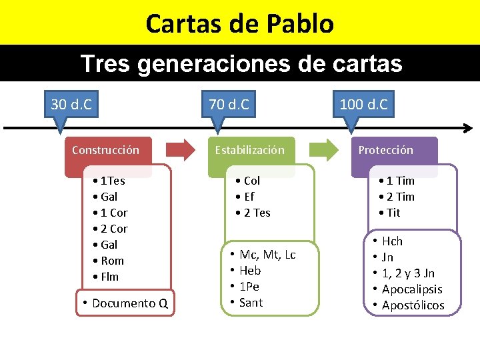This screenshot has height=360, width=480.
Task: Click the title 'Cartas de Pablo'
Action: pyautogui.click(x=239, y=23)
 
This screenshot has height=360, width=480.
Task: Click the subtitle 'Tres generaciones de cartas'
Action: pyautogui.click(x=241, y=63)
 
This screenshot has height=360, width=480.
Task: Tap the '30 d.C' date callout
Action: pyautogui.click(x=71, y=105)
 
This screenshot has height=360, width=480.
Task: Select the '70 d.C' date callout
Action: pyautogui.click(x=229, y=105)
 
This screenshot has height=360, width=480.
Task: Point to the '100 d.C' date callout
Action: pyautogui.click(x=363, y=105)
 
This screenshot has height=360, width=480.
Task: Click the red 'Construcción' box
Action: pyautogui.click(x=106, y=150)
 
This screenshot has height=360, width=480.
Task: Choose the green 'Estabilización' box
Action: pyautogui.click(x=249, y=150)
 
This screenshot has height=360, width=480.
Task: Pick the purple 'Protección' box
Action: pyautogui.click(x=386, y=150)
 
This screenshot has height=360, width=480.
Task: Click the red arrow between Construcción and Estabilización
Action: pyautogui.click(x=178, y=150)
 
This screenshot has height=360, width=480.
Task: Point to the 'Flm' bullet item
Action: pyautogui.click(x=109, y=277)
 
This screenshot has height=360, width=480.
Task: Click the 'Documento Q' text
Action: pyautogui.click(x=130, y=303)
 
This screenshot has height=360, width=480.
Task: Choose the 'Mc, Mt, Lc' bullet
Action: pyautogui.click(x=267, y=255)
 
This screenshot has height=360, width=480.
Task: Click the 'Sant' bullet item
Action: pyautogui.click(x=251, y=303)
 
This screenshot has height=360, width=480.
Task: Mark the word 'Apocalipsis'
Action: pyautogui.click(x=412, y=289)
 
